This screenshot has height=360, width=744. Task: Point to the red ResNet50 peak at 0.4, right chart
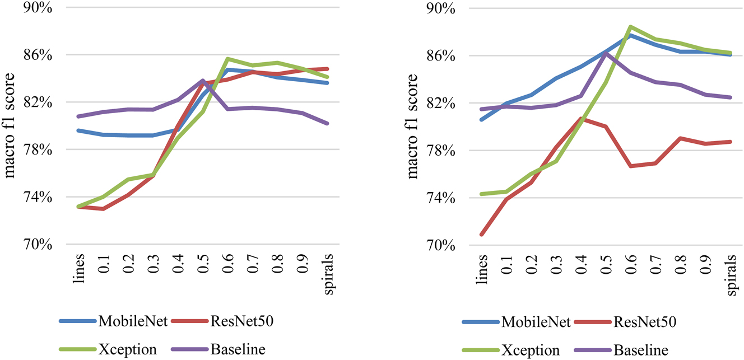tap(580, 119)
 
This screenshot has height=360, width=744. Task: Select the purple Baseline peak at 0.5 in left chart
tap(203, 81)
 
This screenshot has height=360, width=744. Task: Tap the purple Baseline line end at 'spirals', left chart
tap(328, 123)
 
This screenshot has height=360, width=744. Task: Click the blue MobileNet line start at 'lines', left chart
tap(79, 130)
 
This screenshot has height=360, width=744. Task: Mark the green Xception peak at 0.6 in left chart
tap(228, 59)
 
